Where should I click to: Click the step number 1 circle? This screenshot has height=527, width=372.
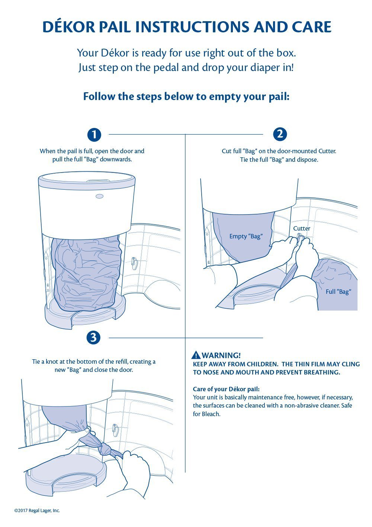click(x=94, y=135)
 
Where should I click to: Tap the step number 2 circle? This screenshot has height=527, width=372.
click(x=280, y=134)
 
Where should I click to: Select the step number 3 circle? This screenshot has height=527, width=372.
click(x=93, y=338)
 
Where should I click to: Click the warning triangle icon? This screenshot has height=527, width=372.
click(x=196, y=355)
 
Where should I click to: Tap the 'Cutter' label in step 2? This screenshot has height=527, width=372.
click(x=301, y=228)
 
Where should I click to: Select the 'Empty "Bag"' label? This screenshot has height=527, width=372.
click(x=246, y=236)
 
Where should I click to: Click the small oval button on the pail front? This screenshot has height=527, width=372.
click(x=99, y=196)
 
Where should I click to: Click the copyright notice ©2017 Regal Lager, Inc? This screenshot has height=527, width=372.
click(x=37, y=511)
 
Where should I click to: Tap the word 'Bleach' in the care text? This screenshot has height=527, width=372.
click(x=211, y=414)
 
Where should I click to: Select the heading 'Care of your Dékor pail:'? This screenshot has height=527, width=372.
click(x=226, y=389)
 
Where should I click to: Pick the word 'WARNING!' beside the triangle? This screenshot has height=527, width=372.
click(x=221, y=355)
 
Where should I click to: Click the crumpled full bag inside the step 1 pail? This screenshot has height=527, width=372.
click(x=87, y=273)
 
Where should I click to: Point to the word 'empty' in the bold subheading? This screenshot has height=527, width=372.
click(x=225, y=97)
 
